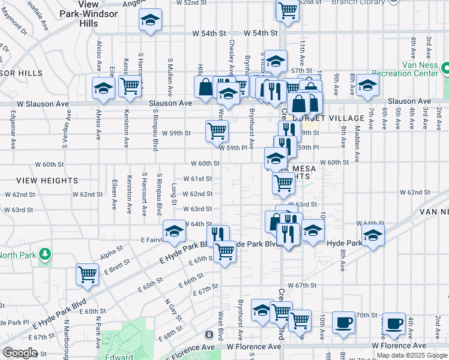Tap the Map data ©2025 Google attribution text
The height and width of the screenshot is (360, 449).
click(x=412, y=355)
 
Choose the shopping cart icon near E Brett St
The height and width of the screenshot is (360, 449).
click(x=88, y=274)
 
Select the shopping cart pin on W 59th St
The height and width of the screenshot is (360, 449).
click(x=217, y=130)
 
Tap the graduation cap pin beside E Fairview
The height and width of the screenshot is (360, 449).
click(x=175, y=230)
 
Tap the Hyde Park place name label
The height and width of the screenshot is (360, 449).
click(x=345, y=243)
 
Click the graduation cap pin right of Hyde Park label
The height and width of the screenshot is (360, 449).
click(x=373, y=235)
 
